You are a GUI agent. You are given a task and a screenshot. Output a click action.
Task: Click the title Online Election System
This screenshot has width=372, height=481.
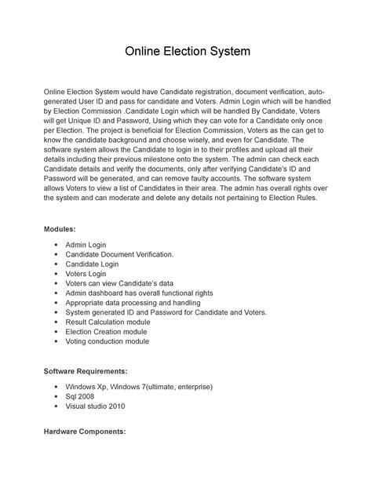(x=186, y=53)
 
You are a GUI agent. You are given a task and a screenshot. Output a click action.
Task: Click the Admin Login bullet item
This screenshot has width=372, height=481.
(x=86, y=246)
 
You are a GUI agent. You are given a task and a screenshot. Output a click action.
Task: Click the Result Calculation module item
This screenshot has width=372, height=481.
(x=108, y=322)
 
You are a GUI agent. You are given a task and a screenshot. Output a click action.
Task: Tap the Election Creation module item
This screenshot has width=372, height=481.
(x=106, y=332)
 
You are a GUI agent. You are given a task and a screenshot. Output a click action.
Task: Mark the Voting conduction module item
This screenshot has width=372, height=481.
(x=108, y=341)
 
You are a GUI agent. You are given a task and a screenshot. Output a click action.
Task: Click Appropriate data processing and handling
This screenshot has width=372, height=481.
(x=133, y=303)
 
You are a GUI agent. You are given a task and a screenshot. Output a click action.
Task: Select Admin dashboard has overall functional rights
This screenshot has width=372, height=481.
(x=140, y=293)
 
